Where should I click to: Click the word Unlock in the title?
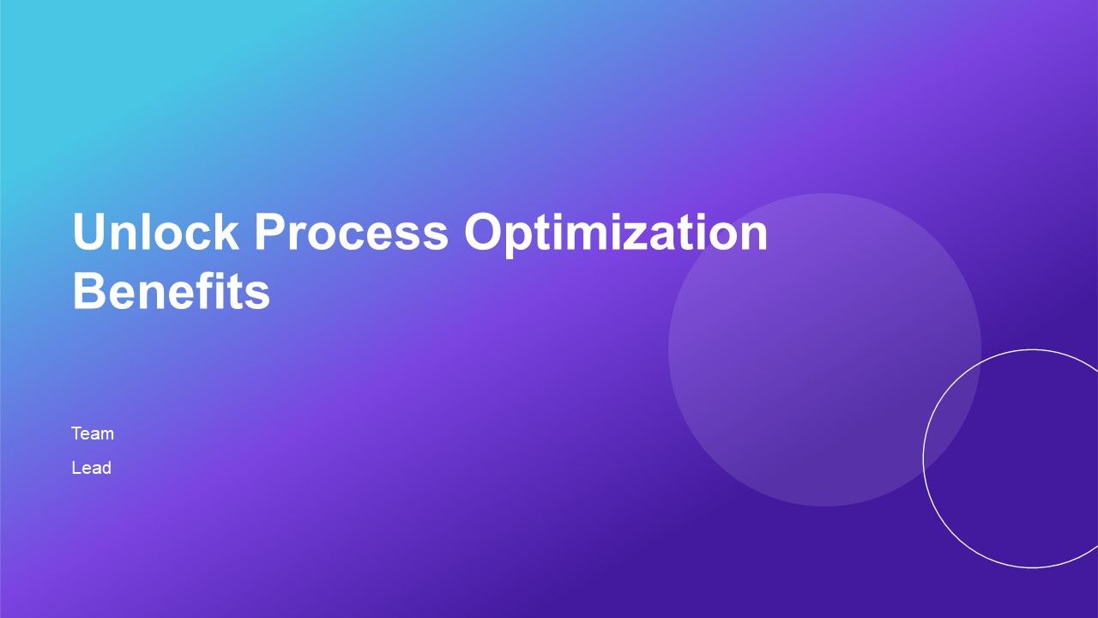pyautogui.click(x=155, y=232)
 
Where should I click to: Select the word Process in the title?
pyautogui.click(x=351, y=232)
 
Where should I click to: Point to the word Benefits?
pyautogui.click(x=171, y=292)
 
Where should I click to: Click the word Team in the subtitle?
pyautogui.click(x=93, y=433)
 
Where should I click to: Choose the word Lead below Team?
pyautogui.click(x=91, y=469)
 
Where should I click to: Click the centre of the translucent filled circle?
pyautogui.click(x=824, y=349)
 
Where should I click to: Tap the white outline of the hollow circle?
pyautogui.click(x=924, y=458)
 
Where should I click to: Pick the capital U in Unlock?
pyautogui.click(x=90, y=232)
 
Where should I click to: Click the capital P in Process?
pyautogui.click(x=270, y=232)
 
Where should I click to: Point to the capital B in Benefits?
pyautogui.click(x=89, y=292)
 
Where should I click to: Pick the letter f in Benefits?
pyautogui.click(x=217, y=292)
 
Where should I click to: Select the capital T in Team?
pyautogui.click(x=76, y=433)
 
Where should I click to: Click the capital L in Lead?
pyautogui.click(x=76, y=469)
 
